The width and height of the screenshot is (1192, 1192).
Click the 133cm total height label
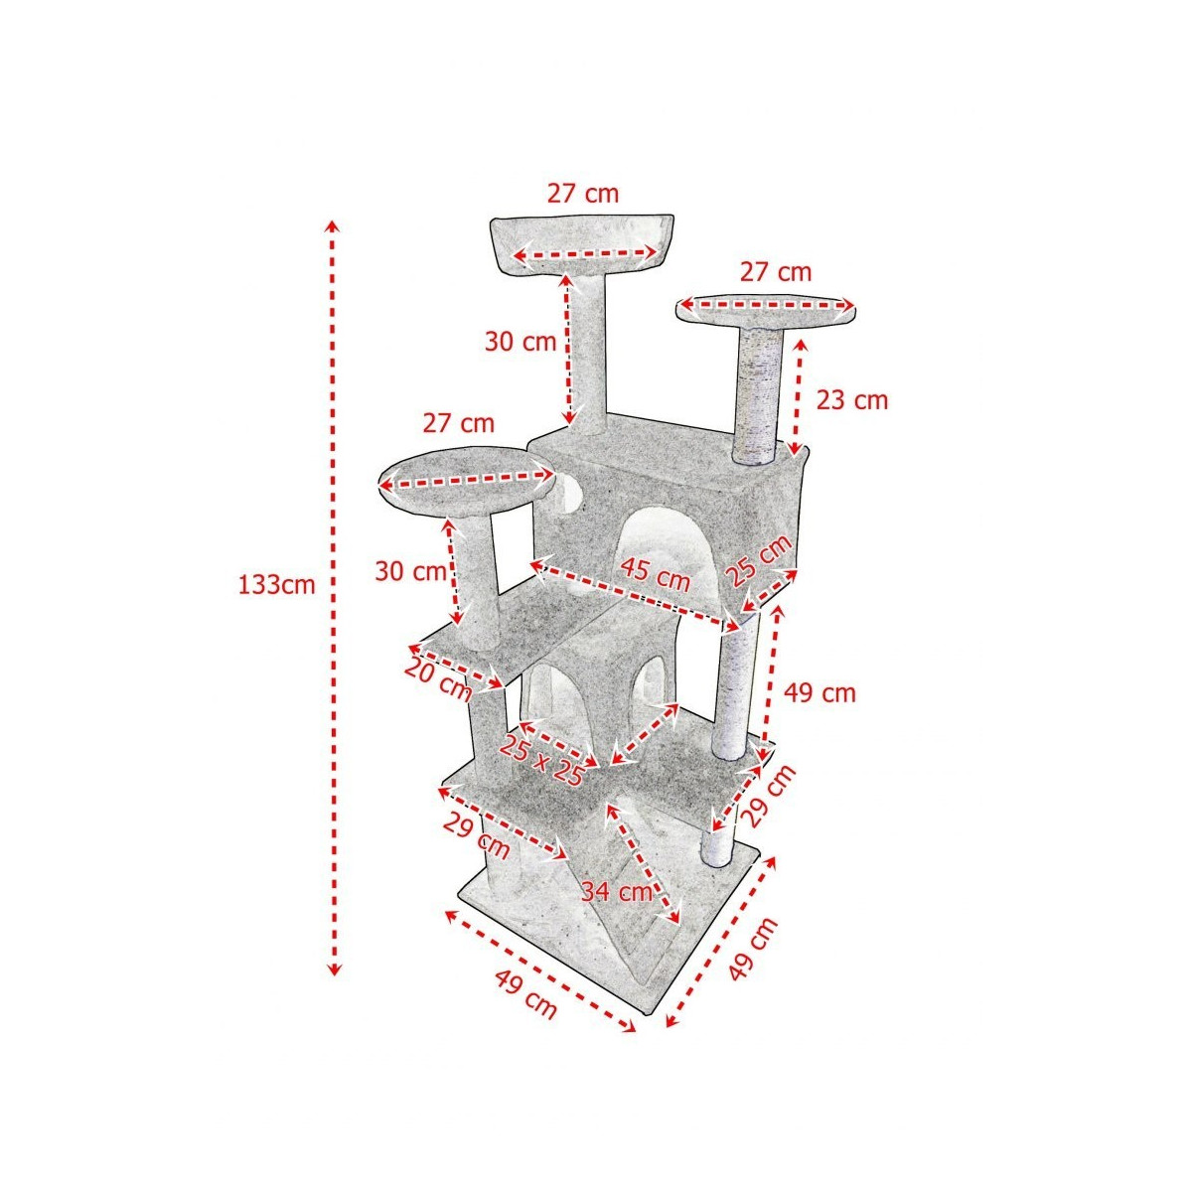[x=276, y=584]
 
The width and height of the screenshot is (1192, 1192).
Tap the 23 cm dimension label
[x=851, y=400]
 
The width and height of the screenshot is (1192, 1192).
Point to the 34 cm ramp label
[x=617, y=891]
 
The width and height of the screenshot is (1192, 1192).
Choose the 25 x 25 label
[x=542, y=760]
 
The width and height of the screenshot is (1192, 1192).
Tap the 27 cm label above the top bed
[x=583, y=194]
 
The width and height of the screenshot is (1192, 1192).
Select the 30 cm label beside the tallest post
[x=521, y=342]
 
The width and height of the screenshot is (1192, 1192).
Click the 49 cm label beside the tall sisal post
[x=819, y=693]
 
